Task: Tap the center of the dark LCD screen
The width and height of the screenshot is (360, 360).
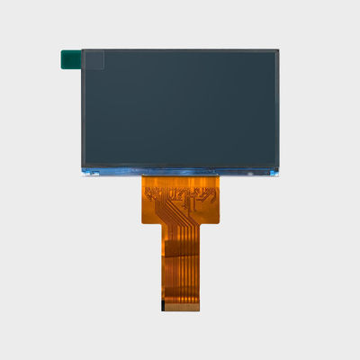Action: click(180, 108)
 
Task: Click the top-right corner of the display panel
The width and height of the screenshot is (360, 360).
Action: click(278, 49)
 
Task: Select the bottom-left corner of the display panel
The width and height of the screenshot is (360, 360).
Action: click(82, 174)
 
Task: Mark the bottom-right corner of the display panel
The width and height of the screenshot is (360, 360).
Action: click(278, 174)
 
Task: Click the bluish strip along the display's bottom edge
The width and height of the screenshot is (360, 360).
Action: click(180, 170)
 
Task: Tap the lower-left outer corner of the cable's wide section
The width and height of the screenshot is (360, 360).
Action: click(143, 220)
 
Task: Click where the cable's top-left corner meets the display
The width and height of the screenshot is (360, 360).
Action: click(143, 175)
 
